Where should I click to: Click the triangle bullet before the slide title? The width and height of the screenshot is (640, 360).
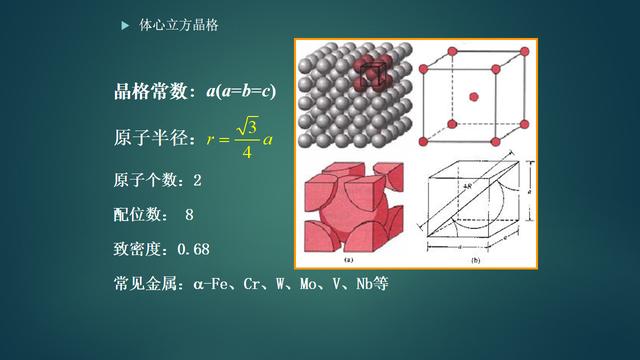[125, 22]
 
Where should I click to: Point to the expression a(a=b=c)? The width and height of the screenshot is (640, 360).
[241, 92]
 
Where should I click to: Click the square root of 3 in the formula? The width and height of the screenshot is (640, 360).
[246, 127]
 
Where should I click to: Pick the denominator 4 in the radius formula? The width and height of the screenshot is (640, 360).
[245, 151]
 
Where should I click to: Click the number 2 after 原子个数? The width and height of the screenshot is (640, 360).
[197, 180]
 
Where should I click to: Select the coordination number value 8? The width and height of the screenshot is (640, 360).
[189, 214]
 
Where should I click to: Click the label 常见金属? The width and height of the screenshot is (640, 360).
[148, 283]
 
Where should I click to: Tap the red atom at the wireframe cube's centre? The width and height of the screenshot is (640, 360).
[473, 96]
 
